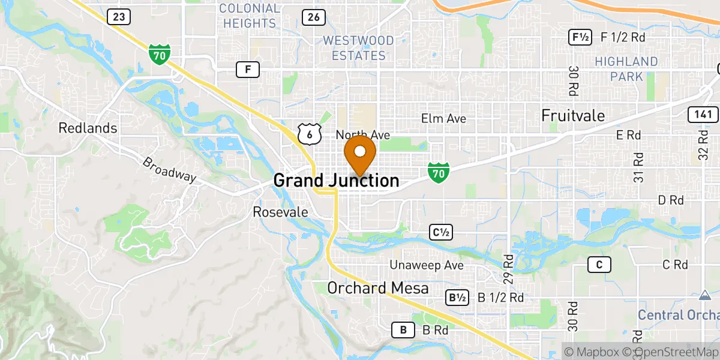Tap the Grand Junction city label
pyautogui.click(x=336, y=181)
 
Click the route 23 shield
pyautogui.click(x=119, y=17)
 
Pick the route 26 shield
pyautogui.click(x=314, y=17)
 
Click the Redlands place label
pyautogui.click(x=88, y=128)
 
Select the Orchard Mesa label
pyautogui.click(x=377, y=289)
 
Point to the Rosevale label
pyautogui.click(x=280, y=212)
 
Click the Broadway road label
pyautogui.click(x=169, y=170)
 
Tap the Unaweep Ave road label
pyautogui.click(x=427, y=265)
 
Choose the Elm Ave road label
pyautogui.click(x=443, y=119)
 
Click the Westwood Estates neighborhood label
pyautogui.click(x=358, y=48)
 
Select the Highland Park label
pyautogui.click(x=626, y=69)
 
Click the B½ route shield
pyautogui.click(x=457, y=298)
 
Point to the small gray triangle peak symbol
pyautogui.click(x=703, y=295)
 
